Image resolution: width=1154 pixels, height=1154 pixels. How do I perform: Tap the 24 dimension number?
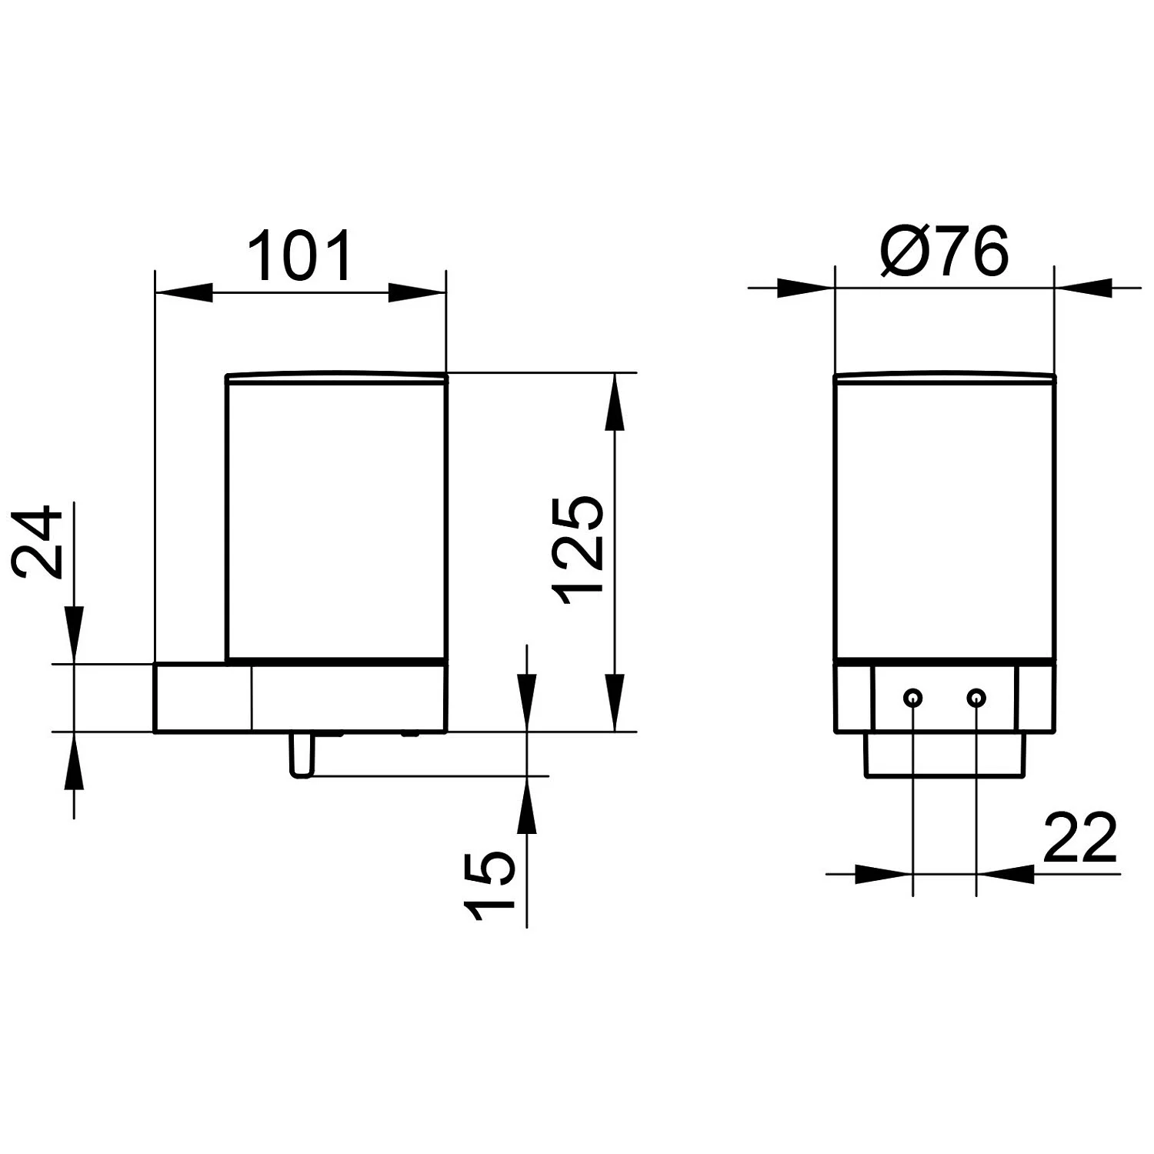pos(37,541)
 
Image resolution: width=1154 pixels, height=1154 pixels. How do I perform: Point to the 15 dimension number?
pos(488,886)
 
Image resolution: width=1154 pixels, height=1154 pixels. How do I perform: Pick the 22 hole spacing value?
pos(1079,837)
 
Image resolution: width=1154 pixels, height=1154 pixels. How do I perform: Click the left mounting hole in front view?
pos(912,698)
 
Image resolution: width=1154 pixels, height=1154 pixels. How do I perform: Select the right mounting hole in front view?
pos(976,698)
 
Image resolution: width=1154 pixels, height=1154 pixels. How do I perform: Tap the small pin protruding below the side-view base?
pos(301,755)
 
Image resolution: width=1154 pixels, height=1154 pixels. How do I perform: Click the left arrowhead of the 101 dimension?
pos(184,293)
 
